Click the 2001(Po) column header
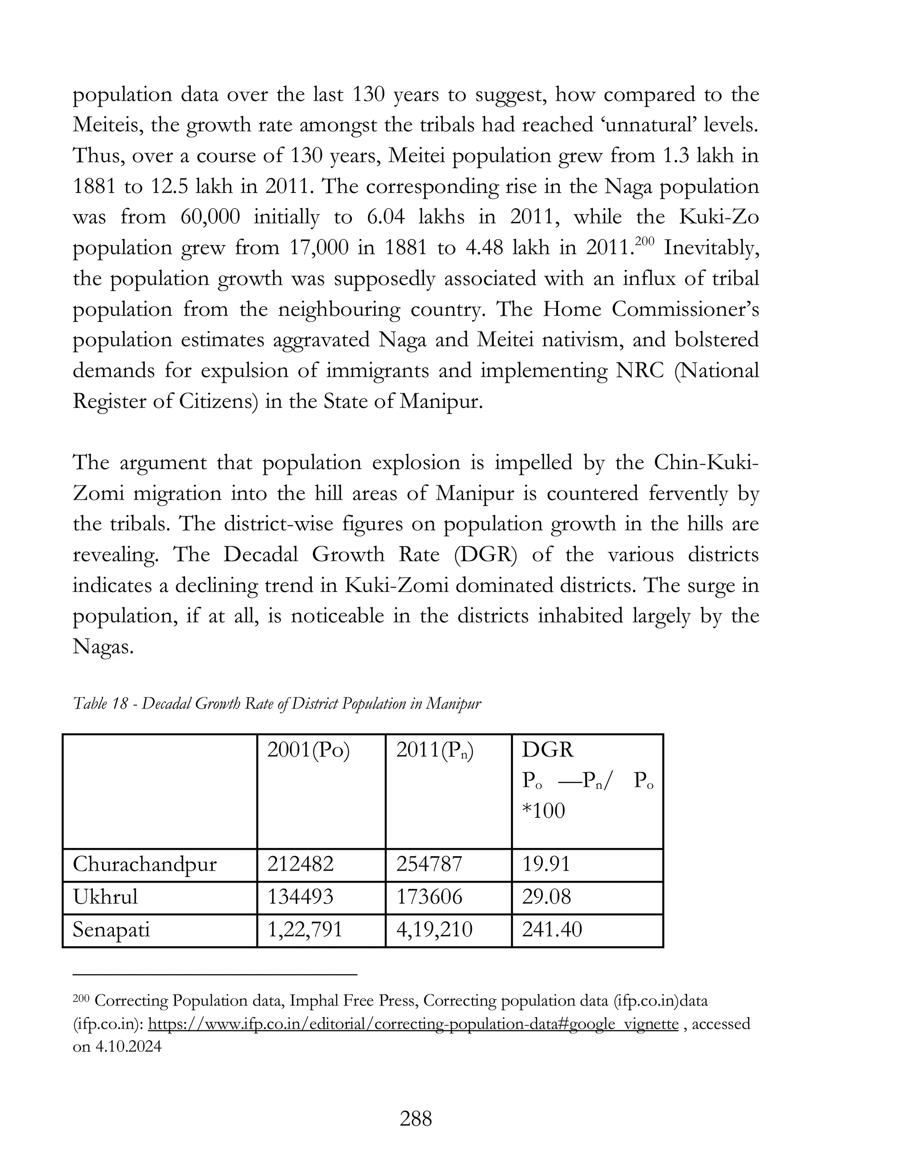pyautogui.click(x=308, y=750)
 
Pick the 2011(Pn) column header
pyautogui.click(x=435, y=750)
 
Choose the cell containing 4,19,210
pyautogui.click(x=434, y=930)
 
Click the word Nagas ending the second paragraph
pyautogui.click(x=103, y=647)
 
